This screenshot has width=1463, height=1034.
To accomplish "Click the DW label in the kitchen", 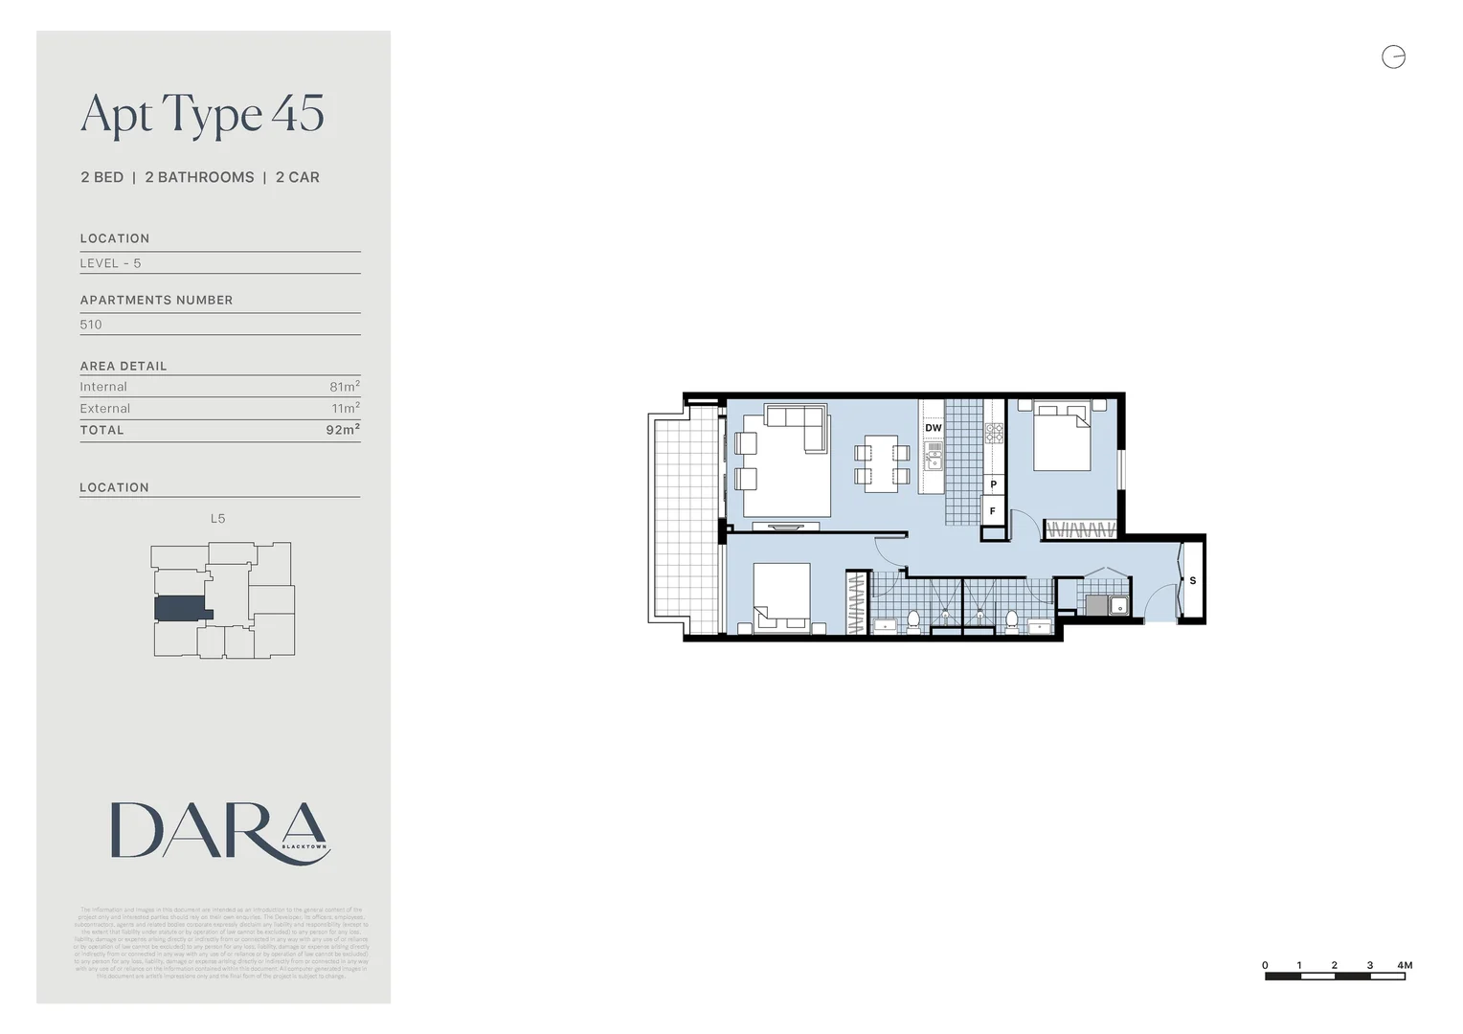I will pyautogui.click(x=934, y=428).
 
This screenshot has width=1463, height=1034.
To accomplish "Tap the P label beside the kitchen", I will pyautogui.click(x=993, y=484).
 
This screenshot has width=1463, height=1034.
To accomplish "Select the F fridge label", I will pyautogui.click(x=993, y=511).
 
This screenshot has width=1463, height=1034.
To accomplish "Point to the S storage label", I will pyautogui.click(x=1192, y=580).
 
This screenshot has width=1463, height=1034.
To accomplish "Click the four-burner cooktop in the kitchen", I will pyautogui.click(x=995, y=433).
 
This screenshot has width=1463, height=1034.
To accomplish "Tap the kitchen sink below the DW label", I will pyautogui.click(x=933, y=461).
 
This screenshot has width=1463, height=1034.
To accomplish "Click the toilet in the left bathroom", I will pyautogui.click(x=913, y=620).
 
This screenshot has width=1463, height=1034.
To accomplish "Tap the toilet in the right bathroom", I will pyautogui.click(x=1011, y=620).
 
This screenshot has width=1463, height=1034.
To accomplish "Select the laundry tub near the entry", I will pyautogui.click(x=1116, y=605).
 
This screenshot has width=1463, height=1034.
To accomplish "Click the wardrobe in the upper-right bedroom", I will pyautogui.click(x=1080, y=528).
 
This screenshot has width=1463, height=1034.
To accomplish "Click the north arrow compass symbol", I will pyautogui.click(x=1393, y=57).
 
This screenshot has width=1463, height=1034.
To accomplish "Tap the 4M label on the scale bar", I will pyautogui.click(x=1405, y=965).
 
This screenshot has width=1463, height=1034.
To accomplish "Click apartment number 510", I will pyautogui.click(x=91, y=325).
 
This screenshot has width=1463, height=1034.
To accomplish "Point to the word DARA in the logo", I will pyautogui.click(x=218, y=831).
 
